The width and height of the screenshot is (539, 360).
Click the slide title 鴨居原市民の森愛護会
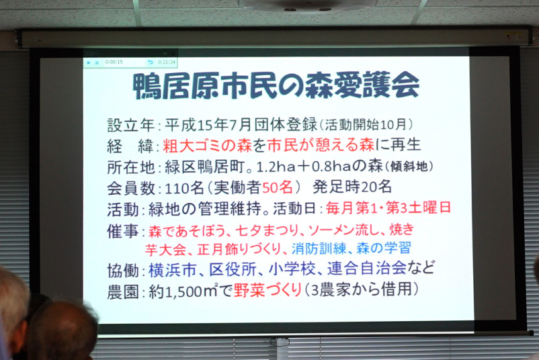point(276,85)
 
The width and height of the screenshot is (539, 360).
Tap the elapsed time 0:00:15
point(114,62)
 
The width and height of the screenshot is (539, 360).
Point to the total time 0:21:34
point(167,62)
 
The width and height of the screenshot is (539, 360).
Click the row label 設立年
point(130,126)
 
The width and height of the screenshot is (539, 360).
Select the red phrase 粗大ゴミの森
point(207,146)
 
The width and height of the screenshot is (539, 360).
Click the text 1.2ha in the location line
point(276,167)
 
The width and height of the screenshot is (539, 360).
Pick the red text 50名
point(278,187)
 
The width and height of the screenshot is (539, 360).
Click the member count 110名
point(185,188)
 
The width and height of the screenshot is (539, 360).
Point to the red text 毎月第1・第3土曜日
point(388,208)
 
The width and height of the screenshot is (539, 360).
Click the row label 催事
point(122,231)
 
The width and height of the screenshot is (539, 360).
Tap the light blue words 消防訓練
point(319,249)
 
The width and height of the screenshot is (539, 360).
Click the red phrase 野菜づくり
point(267,290)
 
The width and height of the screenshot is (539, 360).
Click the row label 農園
point(122,291)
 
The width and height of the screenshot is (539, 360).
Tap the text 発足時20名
point(352,187)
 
